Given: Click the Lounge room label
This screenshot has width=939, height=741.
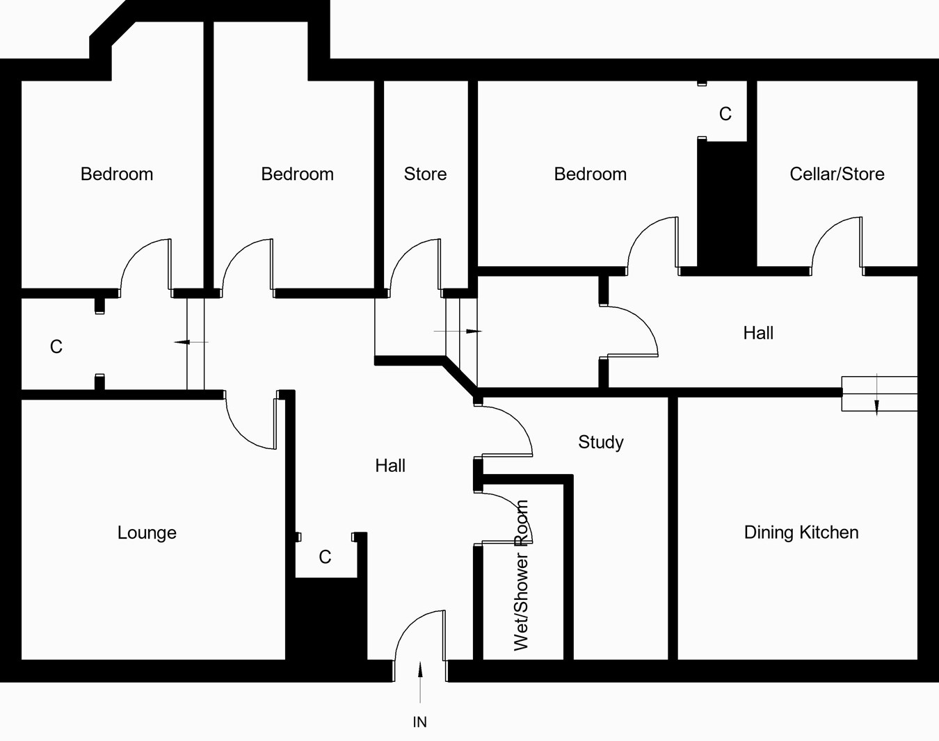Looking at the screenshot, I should pos(147,533).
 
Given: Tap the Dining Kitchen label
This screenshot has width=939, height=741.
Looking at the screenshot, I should pos(801,532).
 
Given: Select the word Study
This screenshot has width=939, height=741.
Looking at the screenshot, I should pos(601,442).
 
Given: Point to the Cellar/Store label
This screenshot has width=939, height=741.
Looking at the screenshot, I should pos(837,174).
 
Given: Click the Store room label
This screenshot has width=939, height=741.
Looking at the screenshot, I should pos(425,174).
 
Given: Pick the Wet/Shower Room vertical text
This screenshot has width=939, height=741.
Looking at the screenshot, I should pos(521,576).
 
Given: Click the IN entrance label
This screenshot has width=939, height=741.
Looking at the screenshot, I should pos(419,722).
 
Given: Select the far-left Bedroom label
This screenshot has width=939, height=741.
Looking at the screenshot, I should pos(117,174).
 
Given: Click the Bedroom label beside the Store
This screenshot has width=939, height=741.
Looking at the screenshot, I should pos(297,174).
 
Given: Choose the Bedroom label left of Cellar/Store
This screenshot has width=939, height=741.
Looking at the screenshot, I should pos(590,174).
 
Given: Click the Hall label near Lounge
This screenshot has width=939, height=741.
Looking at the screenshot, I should pos(390,466).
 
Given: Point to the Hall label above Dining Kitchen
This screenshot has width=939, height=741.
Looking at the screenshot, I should pos(758,333).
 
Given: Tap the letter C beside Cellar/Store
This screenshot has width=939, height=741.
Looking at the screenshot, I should pos(725,114).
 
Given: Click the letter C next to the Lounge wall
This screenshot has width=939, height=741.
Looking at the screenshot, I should pos(325,557).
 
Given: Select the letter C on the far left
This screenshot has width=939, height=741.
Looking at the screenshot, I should pos(56,346).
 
